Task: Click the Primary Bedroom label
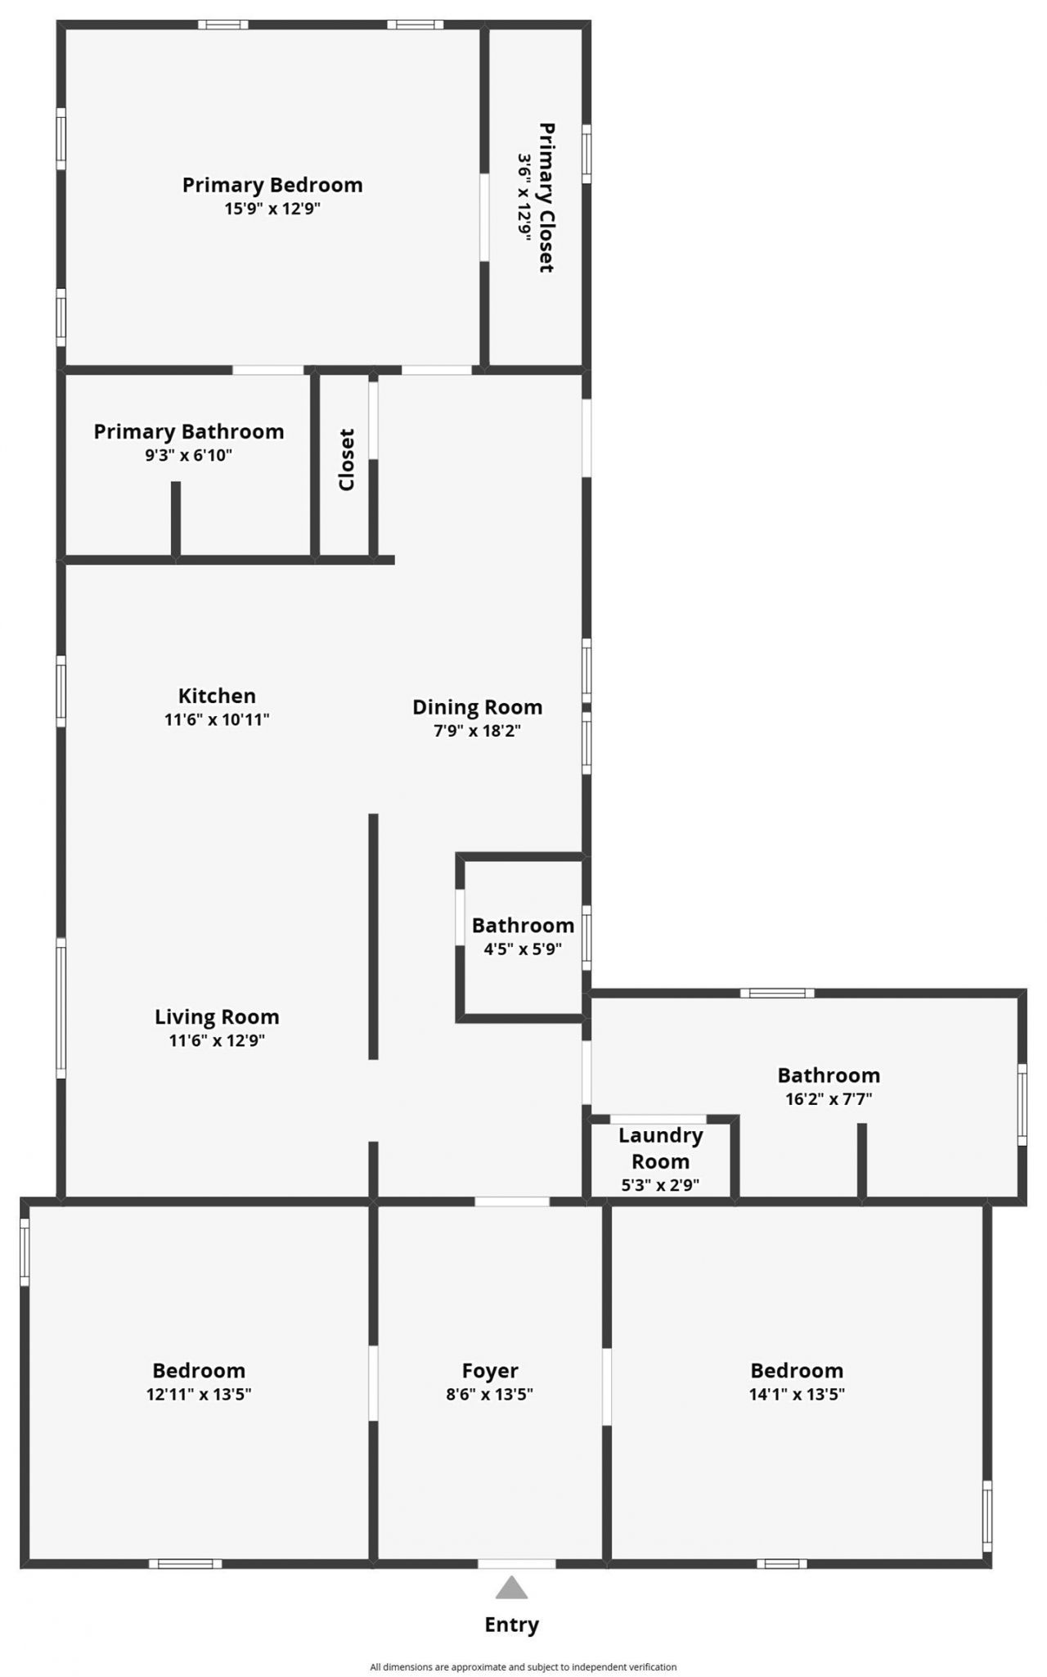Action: pyautogui.click(x=272, y=185)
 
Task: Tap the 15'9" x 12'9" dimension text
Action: pyautogui.click(x=272, y=209)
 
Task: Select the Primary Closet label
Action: pyautogui.click(x=546, y=197)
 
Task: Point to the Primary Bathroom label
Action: pyautogui.click(x=189, y=431)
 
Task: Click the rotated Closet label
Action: pyautogui.click(x=347, y=460)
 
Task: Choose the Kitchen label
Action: pyautogui.click(x=217, y=696)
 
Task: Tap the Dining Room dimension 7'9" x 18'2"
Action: pyautogui.click(x=477, y=730)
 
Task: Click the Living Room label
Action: pyautogui.click(x=217, y=1017)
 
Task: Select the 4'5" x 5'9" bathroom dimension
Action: pyautogui.click(x=523, y=949)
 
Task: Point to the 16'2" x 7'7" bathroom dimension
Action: pyautogui.click(x=829, y=1099)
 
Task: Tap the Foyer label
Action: pyautogui.click(x=490, y=1370)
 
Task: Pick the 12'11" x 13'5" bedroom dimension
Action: pyautogui.click(x=199, y=1394)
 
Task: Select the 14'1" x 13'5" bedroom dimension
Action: pyautogui.click(x=797, y=1394)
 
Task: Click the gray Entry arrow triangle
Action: pyautogui.click(x=511, y=1588)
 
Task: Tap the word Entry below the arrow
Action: pyautogui.click(x=511, y=1625)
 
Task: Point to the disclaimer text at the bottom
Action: pyautogui.click(x=523, y=1666)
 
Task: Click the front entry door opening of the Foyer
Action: pyautogui.click(x=516, y=1564)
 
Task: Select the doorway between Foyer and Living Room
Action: pyautogui.click(x=512, y=1201)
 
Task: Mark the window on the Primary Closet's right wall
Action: pyautogui.click(x=586, y=154)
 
